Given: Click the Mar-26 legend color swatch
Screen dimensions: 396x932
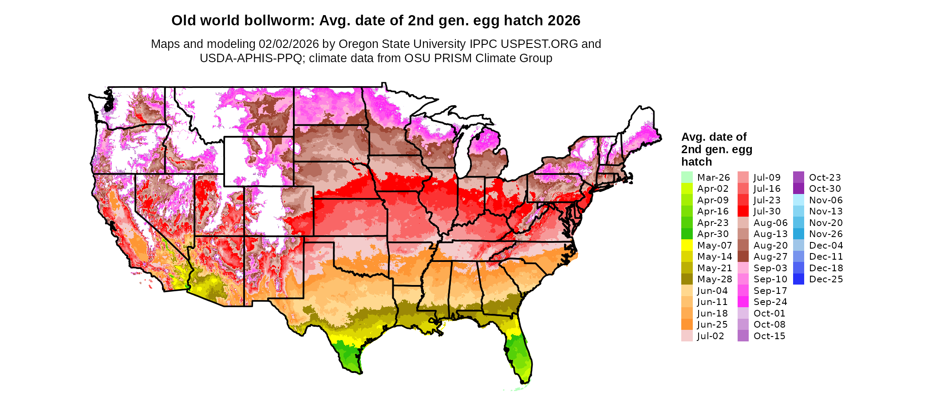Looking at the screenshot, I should point(687,177).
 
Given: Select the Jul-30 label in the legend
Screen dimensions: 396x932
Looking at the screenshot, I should point(767,211).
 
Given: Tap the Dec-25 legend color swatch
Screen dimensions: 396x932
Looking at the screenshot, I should point(798,279).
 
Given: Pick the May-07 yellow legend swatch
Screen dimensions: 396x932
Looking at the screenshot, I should point(687,245).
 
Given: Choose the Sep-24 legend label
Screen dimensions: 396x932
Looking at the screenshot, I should point(770,302).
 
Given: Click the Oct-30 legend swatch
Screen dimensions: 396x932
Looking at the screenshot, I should point(798,189).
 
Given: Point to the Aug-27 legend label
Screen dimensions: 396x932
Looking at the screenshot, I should point(770,257).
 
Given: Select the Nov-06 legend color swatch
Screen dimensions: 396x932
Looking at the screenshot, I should point(798,200).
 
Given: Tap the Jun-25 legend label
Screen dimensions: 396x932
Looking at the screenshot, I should point(712,325).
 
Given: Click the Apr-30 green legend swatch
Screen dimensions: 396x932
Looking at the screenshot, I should point(687,234).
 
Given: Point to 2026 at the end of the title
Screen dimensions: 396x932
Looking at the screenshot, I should point(564,20).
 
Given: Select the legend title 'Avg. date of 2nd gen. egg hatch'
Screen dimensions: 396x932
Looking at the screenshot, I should point(716,149).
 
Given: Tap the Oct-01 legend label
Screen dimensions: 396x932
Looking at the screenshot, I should point(769,313).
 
